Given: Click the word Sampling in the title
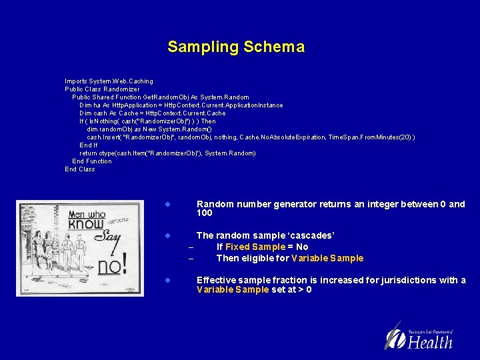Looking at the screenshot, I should [x=203, y=47].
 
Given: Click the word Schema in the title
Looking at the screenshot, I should [x=274, y=47].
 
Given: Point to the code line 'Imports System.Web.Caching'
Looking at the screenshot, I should [x=109, y=81].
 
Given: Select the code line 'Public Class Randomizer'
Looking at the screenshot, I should [x=102, y=89].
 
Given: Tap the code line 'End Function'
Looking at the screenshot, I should [x=92, y=161].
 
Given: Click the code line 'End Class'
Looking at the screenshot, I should [x=80, y=169].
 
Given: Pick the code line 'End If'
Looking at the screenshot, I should [x=89, y=145].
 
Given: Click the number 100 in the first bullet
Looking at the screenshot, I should [x=205, y=213].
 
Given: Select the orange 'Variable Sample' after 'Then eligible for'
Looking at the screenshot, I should [x=327, y=258].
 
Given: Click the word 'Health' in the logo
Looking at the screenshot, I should [x=430, y=342].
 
